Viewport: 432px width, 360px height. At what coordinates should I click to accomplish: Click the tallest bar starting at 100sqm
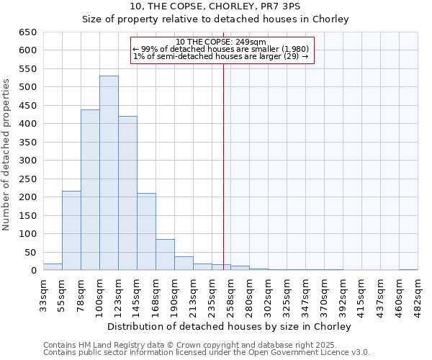click(109, 173)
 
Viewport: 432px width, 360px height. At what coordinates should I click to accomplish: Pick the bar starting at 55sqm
click(71, 230)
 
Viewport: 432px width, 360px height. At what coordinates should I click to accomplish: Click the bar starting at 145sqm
click(146, 232)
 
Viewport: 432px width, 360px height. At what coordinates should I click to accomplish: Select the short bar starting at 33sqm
click(53, 267)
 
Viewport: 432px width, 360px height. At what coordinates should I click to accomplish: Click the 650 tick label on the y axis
click(28, 32)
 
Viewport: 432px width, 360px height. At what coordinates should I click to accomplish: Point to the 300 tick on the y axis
click(28, 161)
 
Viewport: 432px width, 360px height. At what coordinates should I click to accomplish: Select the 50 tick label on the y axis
click(31, 253)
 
